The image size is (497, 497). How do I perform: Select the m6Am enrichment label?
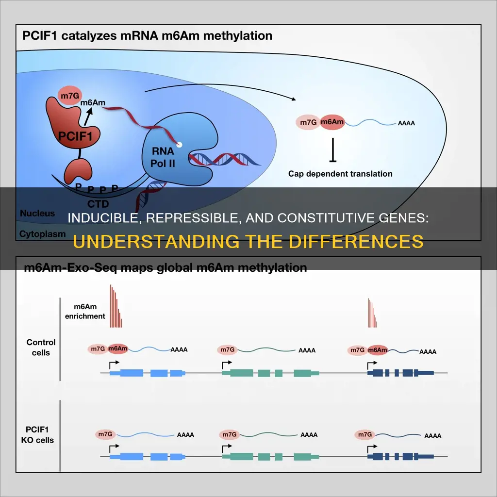tap(89, 312)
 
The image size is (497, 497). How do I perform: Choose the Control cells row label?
tap(41, 348)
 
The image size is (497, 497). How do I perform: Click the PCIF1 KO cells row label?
tap(40, 435)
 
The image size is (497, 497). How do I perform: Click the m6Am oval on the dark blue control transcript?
tap(377, 349)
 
